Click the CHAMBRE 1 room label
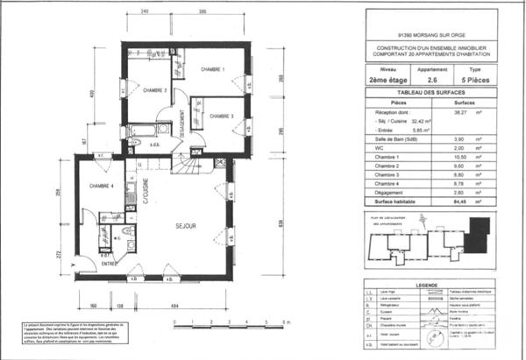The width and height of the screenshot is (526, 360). (x=213, y=69)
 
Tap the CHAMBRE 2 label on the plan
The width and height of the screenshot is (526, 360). (x=155, y=90)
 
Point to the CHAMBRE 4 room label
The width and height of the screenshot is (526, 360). (x=103, y=186)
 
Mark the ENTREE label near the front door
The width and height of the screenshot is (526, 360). (x=109, y=263)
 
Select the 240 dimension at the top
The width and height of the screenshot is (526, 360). (x=144, y=11)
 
